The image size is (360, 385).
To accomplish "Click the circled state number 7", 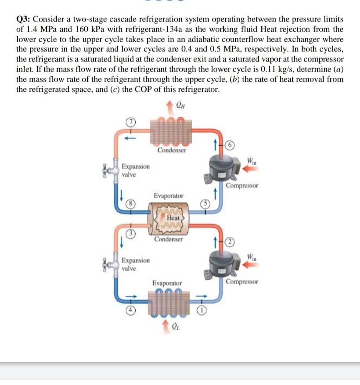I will pyautogui.click(x=130, y=121).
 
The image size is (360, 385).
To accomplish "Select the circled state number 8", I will pyautogui.click(x=130, y=203).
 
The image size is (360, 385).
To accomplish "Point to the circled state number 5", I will pyautogui.click(x=204, y=203).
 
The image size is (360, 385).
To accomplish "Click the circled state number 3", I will pyautogui.click(x=130, y=233).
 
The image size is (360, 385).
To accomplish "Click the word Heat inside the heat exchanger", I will pyautogui.click(x=172, y=217).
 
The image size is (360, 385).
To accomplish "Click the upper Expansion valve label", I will pyautogui.click(x=136, y=170).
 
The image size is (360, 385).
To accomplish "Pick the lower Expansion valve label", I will pyautogui.click(x=136, y=264).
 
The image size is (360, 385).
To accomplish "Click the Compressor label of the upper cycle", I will pyautogui.click(x=242, y=185).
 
